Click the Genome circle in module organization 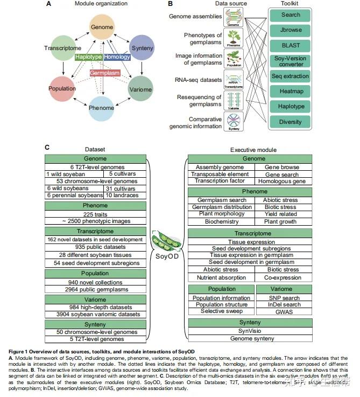(101, 27)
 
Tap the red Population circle (62, 88)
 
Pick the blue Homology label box (116, 57)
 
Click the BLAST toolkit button (291, 45)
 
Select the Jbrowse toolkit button (291, 30)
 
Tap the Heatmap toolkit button (291, 92)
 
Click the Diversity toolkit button (291, 122)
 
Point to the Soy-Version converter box (291, 61)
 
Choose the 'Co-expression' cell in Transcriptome (283, 277)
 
